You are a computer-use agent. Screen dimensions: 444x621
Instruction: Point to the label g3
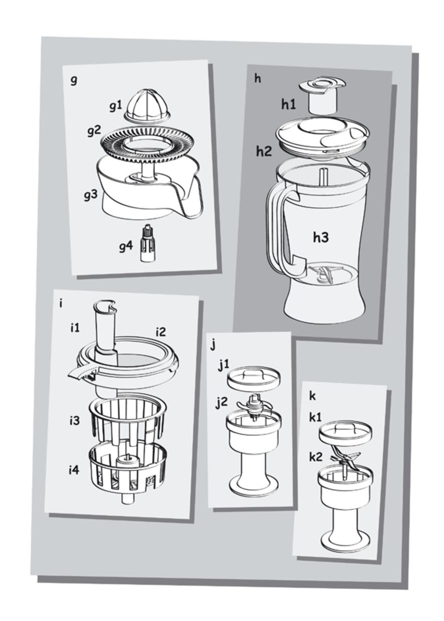(x=91, y=196)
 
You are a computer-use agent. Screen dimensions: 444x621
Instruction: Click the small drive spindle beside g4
(x=147, y=244)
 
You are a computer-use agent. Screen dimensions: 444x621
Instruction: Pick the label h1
(x=289, y=105)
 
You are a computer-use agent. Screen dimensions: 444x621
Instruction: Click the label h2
(x=264, y=151)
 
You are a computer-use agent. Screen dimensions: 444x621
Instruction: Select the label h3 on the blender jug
(x=321, y=237)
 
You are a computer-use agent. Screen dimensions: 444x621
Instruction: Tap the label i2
(x=161, y=332)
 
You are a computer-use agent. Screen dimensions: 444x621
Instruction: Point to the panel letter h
(x=258, y=79)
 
